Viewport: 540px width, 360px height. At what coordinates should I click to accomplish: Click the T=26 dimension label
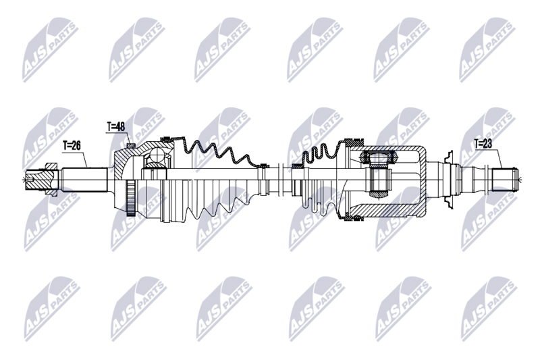pyautogui.click(x=74, y=145)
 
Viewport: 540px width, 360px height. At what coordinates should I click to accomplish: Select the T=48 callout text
pyautogui.click(x=117, y=126)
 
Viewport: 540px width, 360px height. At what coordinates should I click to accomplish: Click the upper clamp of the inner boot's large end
pyautogui.click(x=352, y=143)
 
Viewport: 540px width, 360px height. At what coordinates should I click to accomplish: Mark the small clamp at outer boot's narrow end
pyautogui.click(x=264, y=165)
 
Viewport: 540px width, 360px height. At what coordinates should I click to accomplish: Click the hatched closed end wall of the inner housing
pyautogui.click(x=422, y=180)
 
